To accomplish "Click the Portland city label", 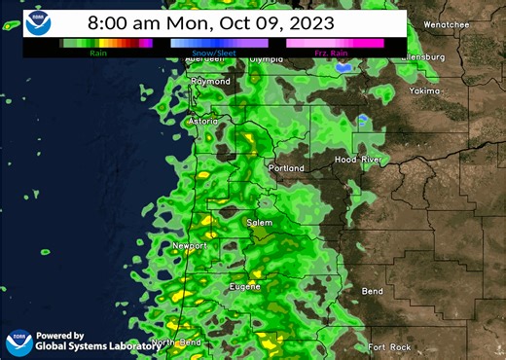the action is coord(286,168).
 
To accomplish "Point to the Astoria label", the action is coord(202,122).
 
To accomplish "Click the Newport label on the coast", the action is coord(191,246).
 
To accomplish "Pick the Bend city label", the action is coord(372,291).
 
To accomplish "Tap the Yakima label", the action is coord(425,90).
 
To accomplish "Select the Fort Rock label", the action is coord(390,347).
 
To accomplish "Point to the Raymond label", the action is coord(211,82).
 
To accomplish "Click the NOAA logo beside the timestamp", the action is coord(39,23).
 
